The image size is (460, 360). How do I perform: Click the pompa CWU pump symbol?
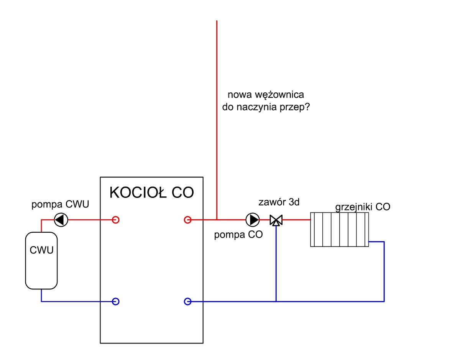pyautogui.click(x=61, y=220)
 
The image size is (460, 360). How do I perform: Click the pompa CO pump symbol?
pyautogui.click(x=252, y=220)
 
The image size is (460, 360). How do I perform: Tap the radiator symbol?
pyautogui.click(x=339, y=229)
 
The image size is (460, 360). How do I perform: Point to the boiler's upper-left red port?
pyautogui.click(x=115, y=220)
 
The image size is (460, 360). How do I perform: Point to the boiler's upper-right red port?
pyautogui.click(x=187, y=220)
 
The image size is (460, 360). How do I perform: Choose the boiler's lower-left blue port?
pyautogui.click(x=115, y=301)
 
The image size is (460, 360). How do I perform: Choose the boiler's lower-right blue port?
pyautogui.click(x=187, y=301)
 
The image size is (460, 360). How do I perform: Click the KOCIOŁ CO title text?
pyautogui.click(x=152, y=192)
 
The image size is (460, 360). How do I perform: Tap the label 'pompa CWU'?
pyautogui.click(x=60, y=204)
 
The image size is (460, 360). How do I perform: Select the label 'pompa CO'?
pyautogui.click(x=238, y=235)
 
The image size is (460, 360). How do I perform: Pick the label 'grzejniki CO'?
pyautogui.click(x=363, y=207)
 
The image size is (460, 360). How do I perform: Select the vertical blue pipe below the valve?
pyautogui.click(x=276, y=265)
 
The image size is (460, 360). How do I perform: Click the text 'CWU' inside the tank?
pyautogui.click(x=41, y=251)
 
